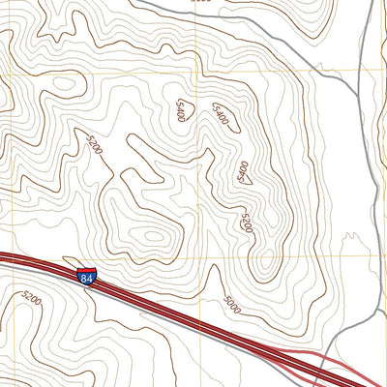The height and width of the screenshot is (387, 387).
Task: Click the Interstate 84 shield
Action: pos(88,278)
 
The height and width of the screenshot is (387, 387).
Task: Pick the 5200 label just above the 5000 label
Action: pos(246,223)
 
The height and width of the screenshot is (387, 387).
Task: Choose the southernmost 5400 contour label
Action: pos(244,170)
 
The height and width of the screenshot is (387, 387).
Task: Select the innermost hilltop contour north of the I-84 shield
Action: pos(152,234)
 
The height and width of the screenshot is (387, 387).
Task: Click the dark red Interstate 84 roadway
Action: pos(155,301)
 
